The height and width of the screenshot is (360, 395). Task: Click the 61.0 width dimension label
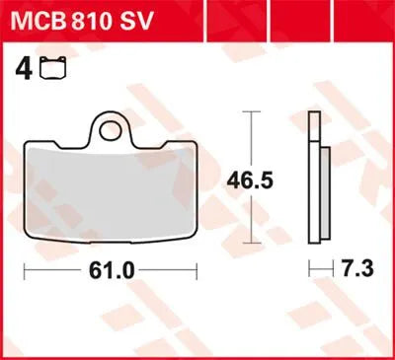click(110, 270)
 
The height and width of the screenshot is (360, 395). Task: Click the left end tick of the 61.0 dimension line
click(25, 269)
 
